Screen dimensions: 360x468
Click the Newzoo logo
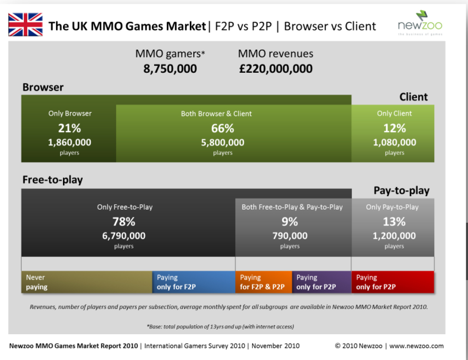(x=420, y=23)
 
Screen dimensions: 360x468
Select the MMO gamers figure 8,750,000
(x=170, y=69)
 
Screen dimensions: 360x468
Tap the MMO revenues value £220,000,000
(x=275, y=69)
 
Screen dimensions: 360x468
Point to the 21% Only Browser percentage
(x=70, y=128)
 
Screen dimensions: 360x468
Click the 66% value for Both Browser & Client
(x=222, y=128)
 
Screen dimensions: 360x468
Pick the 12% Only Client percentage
(x=394, y=128)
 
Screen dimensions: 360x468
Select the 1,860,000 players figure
(x=70, y=143)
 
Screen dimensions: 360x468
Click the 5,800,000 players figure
(x=222, y=143)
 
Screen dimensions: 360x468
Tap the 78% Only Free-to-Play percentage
(x=124, y=222)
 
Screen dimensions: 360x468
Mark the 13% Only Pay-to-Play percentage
(x=394, y=222)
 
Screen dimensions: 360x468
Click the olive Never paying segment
(x=87, y=282)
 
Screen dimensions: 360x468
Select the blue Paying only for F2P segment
(x=194, y=282)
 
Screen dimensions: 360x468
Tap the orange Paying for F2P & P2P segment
(x=264, y=282)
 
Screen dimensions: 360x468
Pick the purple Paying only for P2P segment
(x=322, y=282)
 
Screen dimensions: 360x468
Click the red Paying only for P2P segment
(x=393, y=282)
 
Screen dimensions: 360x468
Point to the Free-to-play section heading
(x=53, y=180)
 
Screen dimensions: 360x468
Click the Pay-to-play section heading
(x=402, y=191)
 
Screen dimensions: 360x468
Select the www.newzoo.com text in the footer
(x=417, y=346)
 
